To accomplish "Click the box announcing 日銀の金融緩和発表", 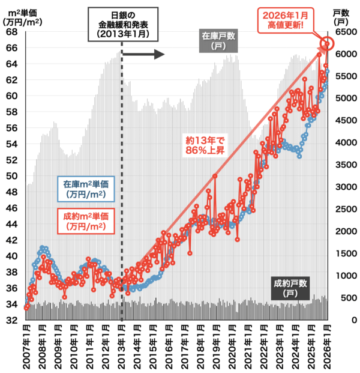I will (122, 24).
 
